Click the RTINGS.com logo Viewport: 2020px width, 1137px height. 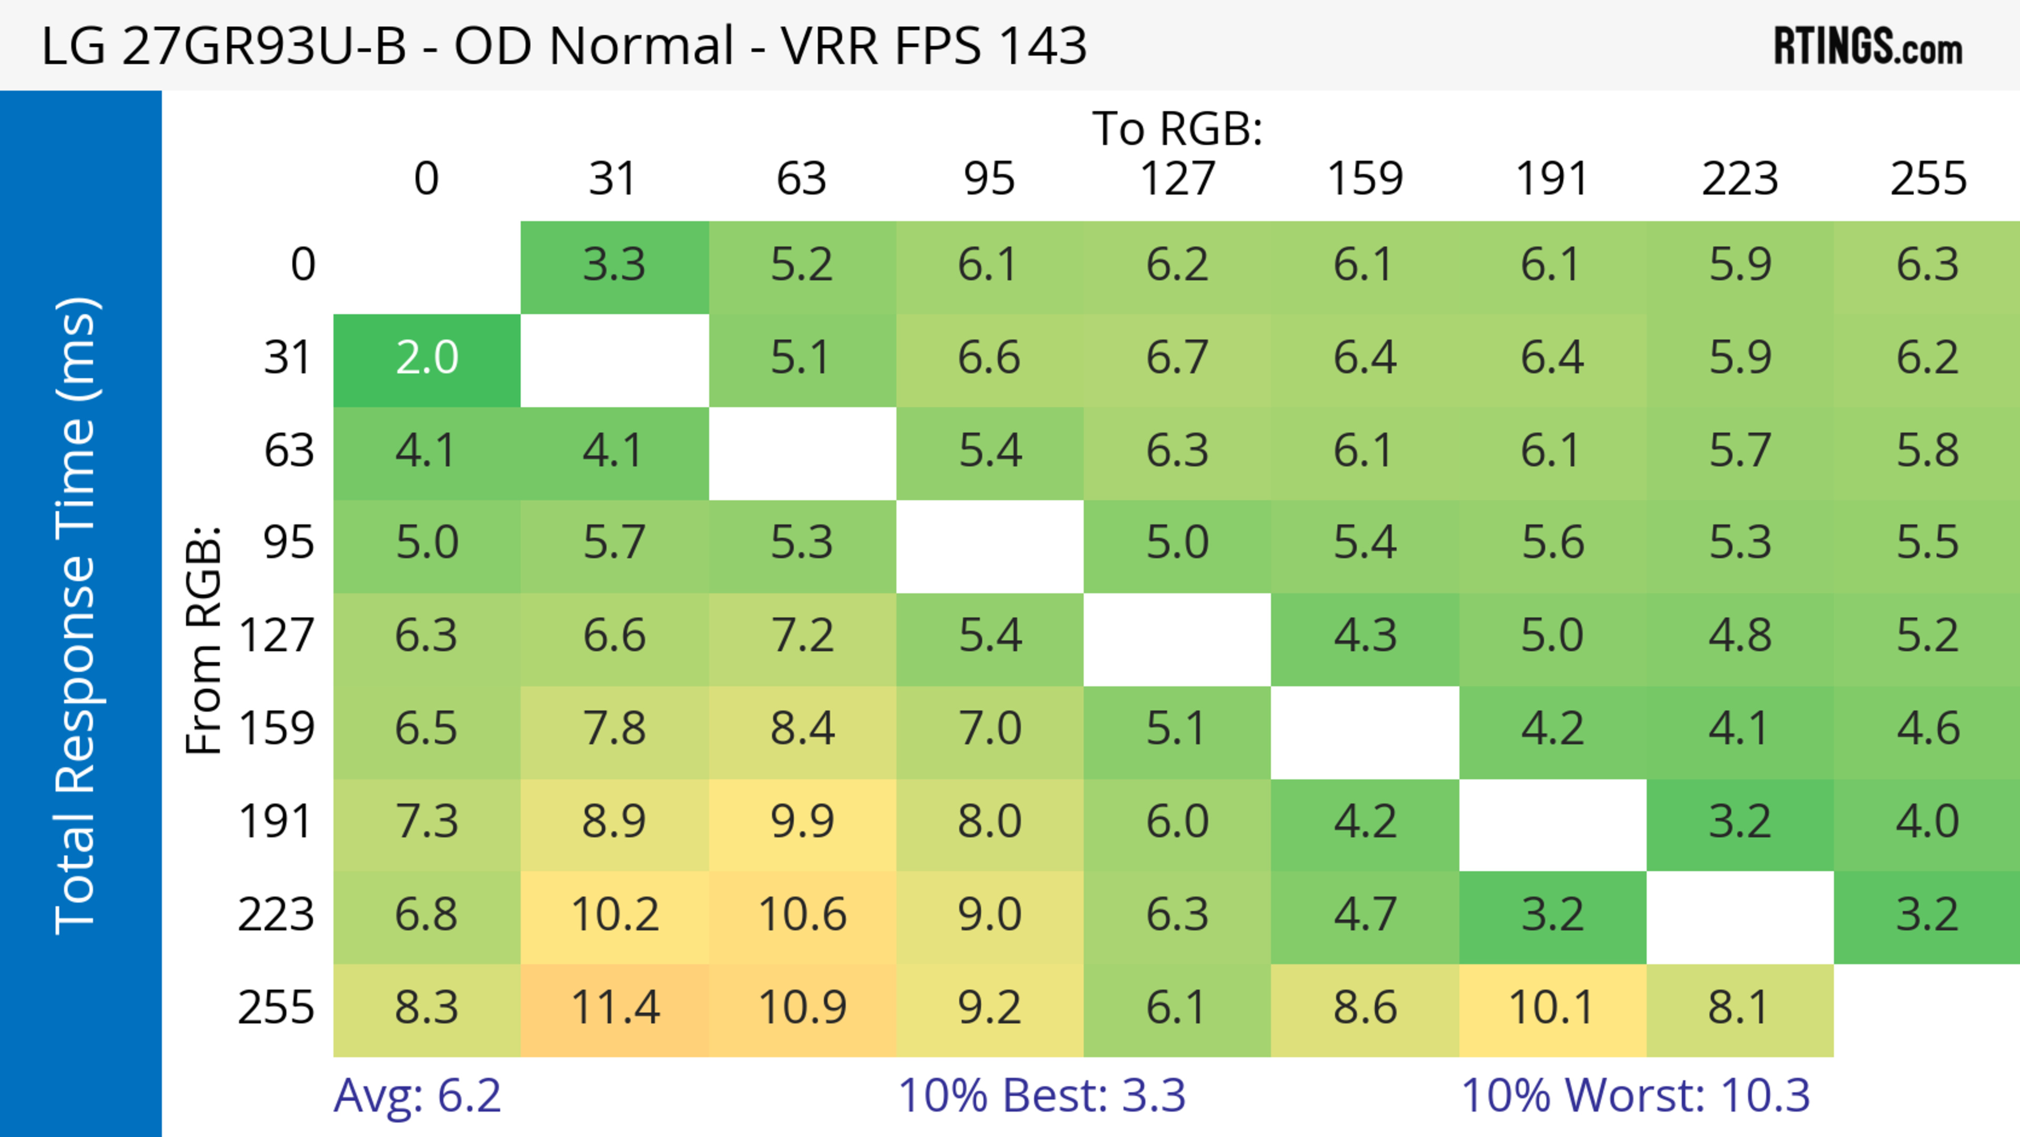click(x=1868, y=45)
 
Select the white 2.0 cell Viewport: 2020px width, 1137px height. click(x=427, y=358)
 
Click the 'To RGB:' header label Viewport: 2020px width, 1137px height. click(x=1177, y=128)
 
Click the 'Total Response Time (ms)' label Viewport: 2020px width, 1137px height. click(x=77, y=616)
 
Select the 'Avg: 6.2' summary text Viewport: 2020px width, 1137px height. click(x=417, y=1095)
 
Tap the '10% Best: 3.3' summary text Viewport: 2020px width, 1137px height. click(x=1042, y=1095)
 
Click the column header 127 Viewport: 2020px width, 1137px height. click(x=1177, y=179)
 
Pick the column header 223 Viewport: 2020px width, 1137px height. click(x=1739, y=179)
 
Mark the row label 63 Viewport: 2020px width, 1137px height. click(x=289, y=451)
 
